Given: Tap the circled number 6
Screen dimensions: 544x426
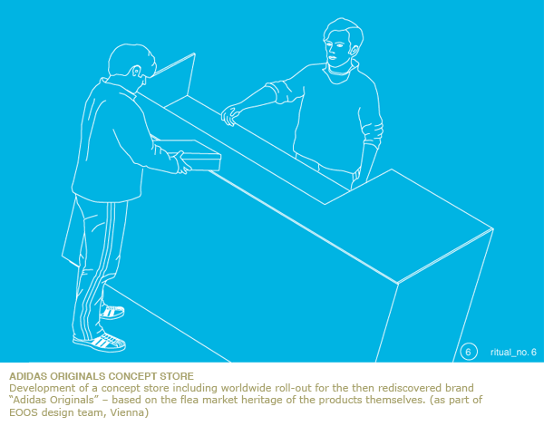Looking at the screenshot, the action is pos(469,352).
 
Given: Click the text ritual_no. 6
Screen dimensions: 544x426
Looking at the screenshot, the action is pos(513,352).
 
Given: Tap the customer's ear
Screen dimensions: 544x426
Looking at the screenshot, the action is pos(136,72).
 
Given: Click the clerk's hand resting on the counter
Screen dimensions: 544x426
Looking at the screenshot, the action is pos(229,115).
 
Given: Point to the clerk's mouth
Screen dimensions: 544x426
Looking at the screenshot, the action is pos(332,58).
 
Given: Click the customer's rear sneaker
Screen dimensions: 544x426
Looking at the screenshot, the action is pos(112,312).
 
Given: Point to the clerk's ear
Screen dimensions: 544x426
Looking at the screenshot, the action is pos(354,51).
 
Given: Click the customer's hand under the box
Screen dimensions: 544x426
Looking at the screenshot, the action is pos(182,162).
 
